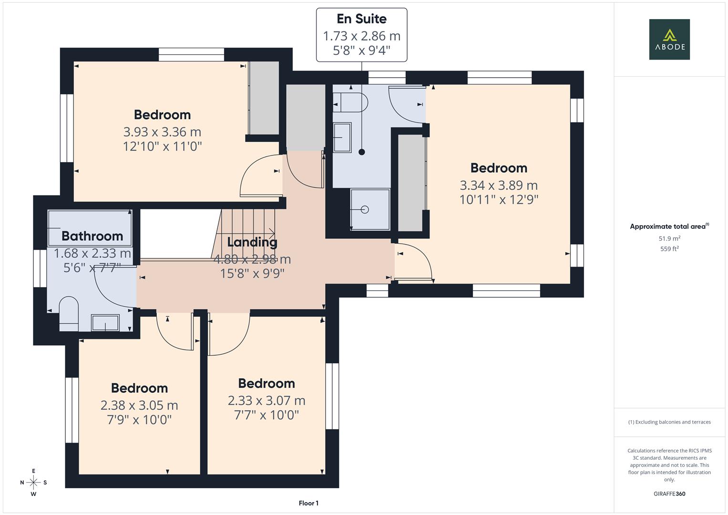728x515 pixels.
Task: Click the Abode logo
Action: click(x=669, y=39)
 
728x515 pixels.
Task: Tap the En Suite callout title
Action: click(x=361, y=19)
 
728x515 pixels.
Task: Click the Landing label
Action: click(x=252, y=242)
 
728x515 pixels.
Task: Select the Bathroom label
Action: click(x=92, y=236)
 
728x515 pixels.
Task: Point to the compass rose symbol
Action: click(x=33, y=482)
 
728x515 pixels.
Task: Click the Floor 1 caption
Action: click(x=308, y=503)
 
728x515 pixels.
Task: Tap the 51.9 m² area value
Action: click(x=669, y=238)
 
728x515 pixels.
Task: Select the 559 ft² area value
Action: click(x=669, y=249)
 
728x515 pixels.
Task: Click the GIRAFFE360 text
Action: click(x=669, y=494)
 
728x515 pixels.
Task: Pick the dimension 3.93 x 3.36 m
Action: click(x=162, y=132)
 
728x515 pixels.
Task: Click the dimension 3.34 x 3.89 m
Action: click(x=499, y=185)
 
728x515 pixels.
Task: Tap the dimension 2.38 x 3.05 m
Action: click(x=139, y=405)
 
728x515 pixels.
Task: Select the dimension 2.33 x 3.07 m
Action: click(x=267, y=401)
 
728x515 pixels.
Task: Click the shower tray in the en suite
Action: click(x=370, y=209)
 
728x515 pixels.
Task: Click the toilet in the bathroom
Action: click(x=69, y=313)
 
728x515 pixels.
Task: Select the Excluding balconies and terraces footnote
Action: click(x=669, y=422)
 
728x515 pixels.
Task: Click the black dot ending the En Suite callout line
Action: click(x=362, y=152)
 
